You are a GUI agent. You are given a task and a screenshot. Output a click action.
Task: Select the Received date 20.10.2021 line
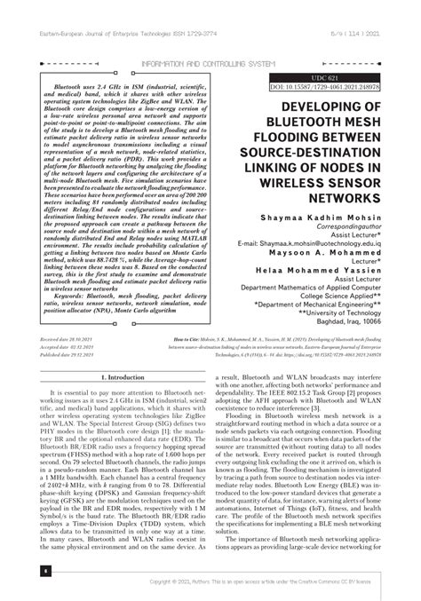click(x=67, y=365)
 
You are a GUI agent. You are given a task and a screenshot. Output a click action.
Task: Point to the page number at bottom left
click(x=44, y=571)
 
